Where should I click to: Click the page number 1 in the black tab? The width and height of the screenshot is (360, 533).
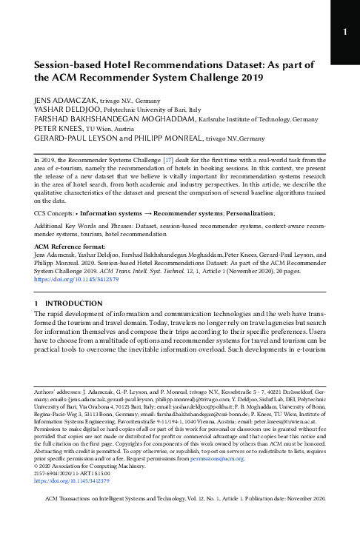point(344,33)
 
